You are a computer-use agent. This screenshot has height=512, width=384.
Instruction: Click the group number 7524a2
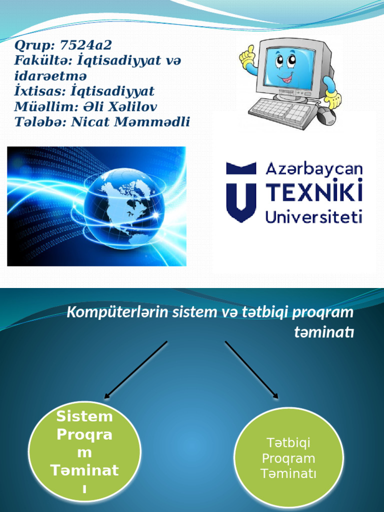click(x=86, y=45)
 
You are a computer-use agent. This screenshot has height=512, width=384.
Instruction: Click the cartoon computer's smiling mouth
click(x=286, y=78)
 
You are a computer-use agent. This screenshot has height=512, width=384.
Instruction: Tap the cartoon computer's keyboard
click(x=282, y=113)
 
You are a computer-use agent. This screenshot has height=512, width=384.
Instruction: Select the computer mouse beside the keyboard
click(x=326, y=116)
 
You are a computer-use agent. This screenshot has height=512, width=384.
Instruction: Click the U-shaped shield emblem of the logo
click(x=241, y=191)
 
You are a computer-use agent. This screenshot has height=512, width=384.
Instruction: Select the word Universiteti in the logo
click(x=313, y=216)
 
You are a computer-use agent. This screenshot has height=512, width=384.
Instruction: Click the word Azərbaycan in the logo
click(x=313, y=169)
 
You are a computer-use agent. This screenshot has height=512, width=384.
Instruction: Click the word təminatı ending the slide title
click(x=324, y=331)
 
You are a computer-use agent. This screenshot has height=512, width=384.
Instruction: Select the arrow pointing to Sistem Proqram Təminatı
click(x=135, y=369)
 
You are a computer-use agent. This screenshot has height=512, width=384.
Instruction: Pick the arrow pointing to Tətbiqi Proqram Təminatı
click(x=251, y=369)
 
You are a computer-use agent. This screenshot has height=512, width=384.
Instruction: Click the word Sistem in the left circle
click(x=84, y=416)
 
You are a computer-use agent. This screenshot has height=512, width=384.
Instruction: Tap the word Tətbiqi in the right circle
click(x=289, y=443)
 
